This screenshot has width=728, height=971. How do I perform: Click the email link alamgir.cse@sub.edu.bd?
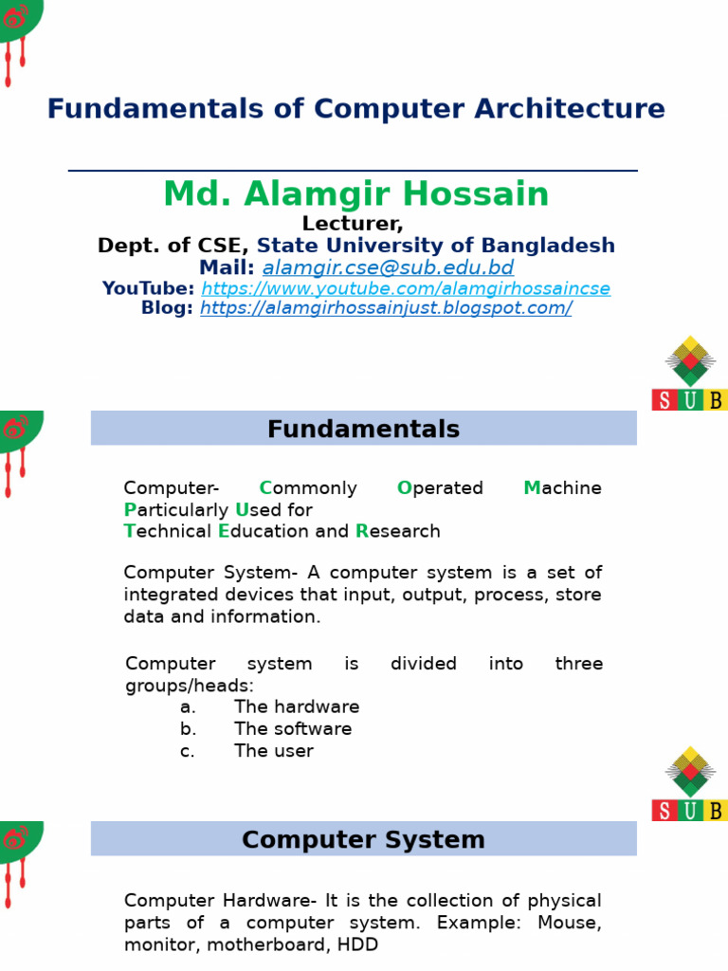coord(388,267)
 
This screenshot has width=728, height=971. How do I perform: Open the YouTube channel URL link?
coord(406,288)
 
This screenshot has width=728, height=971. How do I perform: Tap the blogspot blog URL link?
coord(386,308)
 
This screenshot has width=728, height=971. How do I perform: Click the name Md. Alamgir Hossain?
coord(356,193)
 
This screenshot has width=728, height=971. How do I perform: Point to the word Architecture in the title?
coord(570,108)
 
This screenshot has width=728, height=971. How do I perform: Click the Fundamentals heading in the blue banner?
coord(363,429)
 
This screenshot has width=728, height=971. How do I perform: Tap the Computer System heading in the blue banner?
coord(363,840)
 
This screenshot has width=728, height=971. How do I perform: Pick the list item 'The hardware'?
coord(297,706)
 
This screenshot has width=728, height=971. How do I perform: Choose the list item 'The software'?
coord(293,729)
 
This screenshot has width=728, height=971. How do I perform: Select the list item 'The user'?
coord(274,751)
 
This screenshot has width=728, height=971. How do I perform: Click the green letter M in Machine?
coord(532,488)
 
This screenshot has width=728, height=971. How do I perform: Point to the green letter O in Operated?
coord(404,488)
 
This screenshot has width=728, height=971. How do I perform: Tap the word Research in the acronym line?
coord(398,531)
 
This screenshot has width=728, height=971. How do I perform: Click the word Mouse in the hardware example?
coord(570,923)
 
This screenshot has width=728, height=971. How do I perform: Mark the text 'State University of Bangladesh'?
coord(436,246)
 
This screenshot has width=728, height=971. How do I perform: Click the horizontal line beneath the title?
coord(353,171)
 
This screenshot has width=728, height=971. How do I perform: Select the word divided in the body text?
coord(424,663)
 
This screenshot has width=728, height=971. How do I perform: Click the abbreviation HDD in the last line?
coord(357,944)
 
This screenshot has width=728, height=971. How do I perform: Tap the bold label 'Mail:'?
coord(227,267)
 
